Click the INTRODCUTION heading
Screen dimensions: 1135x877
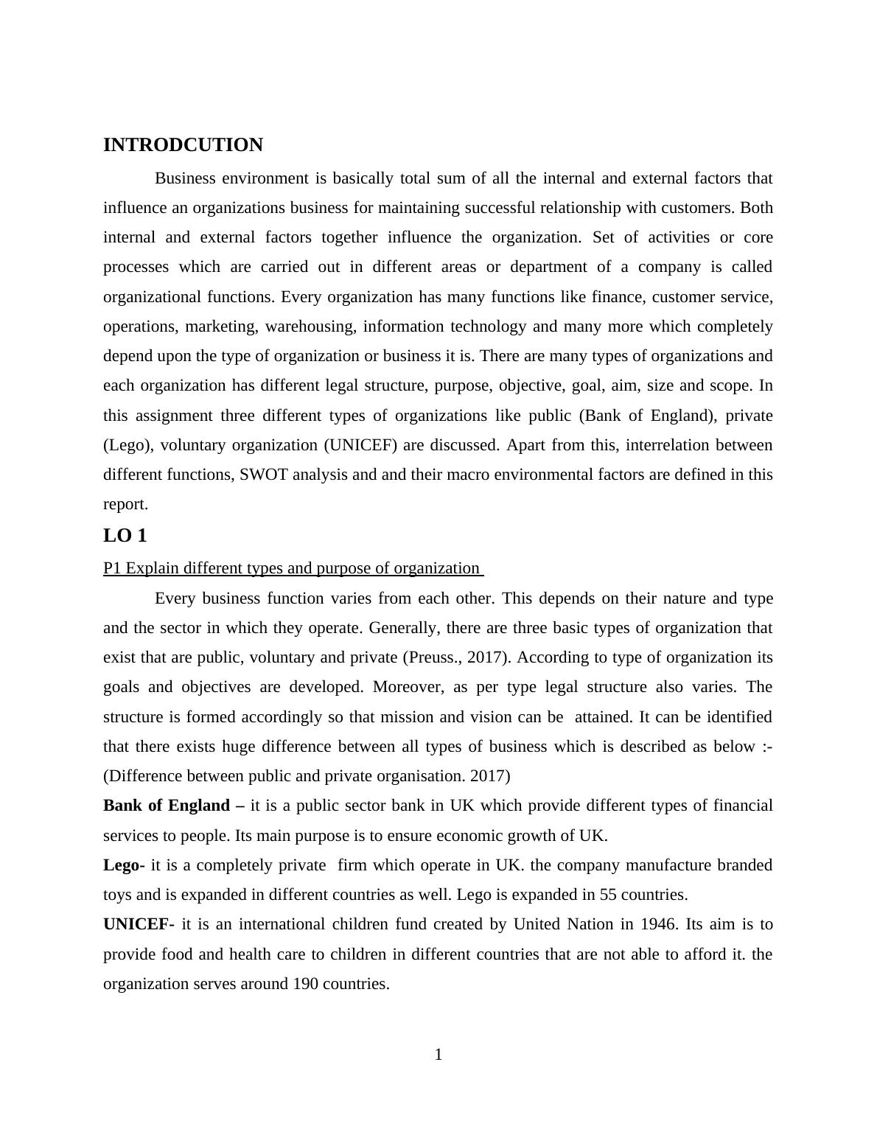click(183, 145)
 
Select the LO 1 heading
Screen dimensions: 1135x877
click(125, 536)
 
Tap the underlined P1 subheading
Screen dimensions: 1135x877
click(293, 568)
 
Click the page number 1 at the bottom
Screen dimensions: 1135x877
click(438, 1055)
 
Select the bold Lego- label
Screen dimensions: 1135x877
click(124, 865)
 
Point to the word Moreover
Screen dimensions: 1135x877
click(408, 687)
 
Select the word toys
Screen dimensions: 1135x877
click(118, 895)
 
